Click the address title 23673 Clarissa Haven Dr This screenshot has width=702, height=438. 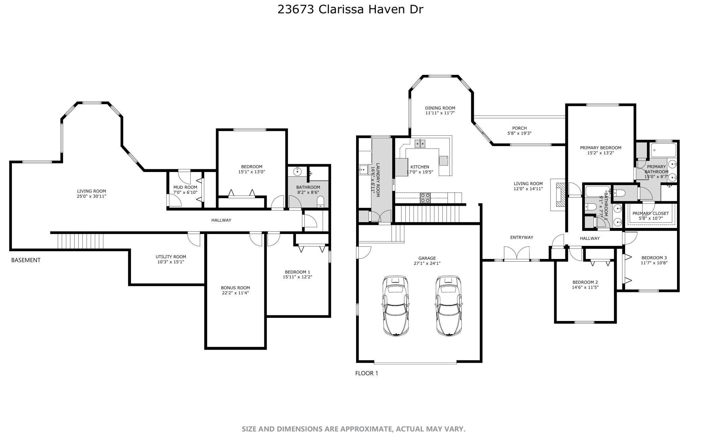click(x=350, y=9)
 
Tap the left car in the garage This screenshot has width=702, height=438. click(x=396, y=305)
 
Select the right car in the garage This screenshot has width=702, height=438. click(x=449, y=305)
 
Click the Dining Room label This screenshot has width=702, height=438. click(x=440, y=108)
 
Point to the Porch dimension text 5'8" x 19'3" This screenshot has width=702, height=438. click(x=519, y=133)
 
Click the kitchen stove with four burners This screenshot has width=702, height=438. click(x=425, y=198)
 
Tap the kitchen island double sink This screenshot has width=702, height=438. click(x=420, y=143)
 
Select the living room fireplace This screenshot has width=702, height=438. click(x=558, y=195)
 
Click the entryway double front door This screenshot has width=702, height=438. click(x=517, y=254)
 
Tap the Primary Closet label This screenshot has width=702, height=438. click(x=650, y=213)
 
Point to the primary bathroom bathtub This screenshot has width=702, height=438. click(x=663, y=150)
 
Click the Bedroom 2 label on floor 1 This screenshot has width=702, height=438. click(x=585, y=282)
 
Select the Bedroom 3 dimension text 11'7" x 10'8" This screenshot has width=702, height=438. click(x=654, y=263)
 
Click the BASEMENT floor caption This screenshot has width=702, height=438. click(x=26, y=260)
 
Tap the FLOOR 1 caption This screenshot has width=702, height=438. click(x=367, y=373)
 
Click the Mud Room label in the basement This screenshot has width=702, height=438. click(x=185, y=187)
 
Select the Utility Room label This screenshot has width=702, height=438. click(x=171, y=257)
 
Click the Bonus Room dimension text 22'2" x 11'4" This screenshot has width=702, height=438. click(x=235, y=293)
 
